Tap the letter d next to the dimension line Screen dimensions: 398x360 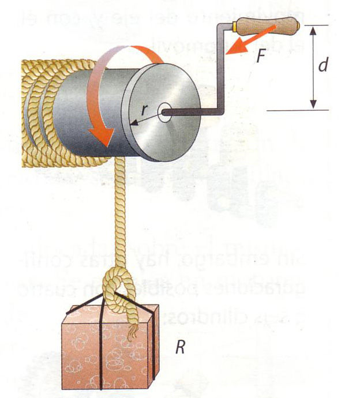(x=323, y=66)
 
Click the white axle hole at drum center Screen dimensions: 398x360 (x=164, y=111)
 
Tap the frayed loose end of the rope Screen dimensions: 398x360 (x=132, y=333)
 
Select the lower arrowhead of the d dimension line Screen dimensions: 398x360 (x=313, y=104)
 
